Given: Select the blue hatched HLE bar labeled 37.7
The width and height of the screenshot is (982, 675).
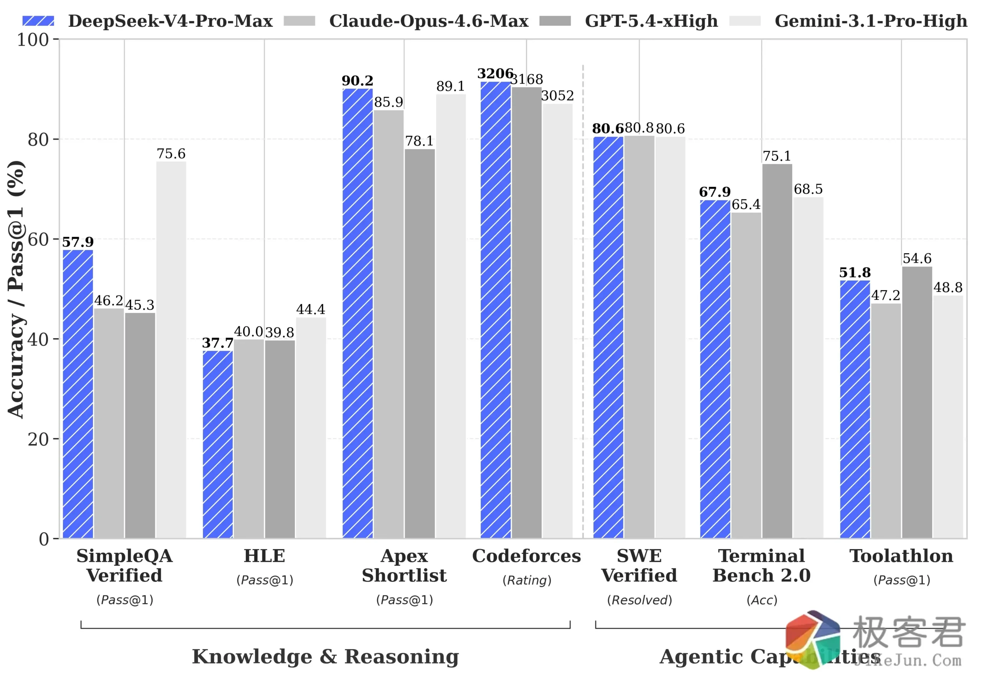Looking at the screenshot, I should pos(217,444).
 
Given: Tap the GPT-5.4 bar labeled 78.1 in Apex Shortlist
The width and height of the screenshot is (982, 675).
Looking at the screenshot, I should pos(419,343).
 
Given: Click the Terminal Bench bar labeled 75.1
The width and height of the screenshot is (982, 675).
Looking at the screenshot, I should pos(777,351).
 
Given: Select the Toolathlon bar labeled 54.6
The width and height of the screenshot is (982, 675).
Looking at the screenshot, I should pos(916,402).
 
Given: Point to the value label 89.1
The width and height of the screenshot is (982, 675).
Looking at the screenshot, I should pos(450,86).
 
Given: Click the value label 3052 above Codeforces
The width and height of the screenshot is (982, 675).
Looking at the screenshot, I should pos(557,95).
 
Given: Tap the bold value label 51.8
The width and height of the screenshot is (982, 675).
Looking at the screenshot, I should pos(855,272).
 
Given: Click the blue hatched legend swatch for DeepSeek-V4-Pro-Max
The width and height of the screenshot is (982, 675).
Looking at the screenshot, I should pos(38,21).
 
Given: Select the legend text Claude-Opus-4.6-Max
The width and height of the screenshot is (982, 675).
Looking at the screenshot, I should pos(428,21).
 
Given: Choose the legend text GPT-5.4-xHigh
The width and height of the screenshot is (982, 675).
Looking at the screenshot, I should pos(651,21).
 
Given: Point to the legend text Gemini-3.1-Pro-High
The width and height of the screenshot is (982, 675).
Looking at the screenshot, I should pos(870,21).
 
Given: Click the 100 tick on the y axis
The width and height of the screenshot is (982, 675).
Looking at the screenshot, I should pos(33,40).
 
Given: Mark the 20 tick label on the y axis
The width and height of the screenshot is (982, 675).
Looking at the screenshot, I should pos(38,440).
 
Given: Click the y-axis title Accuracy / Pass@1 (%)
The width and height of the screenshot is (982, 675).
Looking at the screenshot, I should pos(16,289).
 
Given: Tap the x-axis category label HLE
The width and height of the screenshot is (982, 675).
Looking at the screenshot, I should pos(264,556).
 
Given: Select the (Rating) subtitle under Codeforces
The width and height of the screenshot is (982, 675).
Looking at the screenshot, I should pos(527,580).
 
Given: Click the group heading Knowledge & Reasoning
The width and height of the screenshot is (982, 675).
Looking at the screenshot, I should pos(325,656).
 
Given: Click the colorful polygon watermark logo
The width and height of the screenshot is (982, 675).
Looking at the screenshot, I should pos(812,639).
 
